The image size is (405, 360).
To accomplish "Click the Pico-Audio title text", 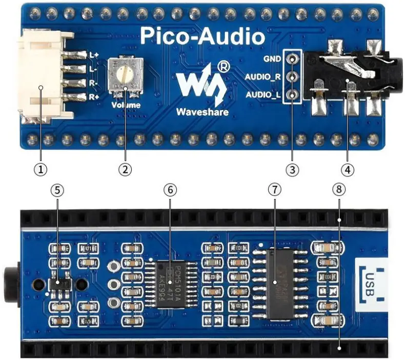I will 202,36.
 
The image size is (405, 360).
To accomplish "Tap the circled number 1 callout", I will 41,168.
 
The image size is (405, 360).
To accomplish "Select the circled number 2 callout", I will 125,168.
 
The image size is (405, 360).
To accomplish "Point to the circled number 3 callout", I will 293,168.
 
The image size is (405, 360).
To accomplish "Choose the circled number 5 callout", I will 57,189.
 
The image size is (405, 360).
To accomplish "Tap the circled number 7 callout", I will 275,189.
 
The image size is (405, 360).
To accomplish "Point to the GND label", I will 272,58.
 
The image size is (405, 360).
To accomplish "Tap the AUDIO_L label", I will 263,95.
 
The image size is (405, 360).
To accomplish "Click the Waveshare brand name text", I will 202,112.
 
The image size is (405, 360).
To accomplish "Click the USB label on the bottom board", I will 373,283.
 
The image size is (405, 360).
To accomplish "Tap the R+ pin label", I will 94,96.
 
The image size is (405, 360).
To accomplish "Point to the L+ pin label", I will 94,55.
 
